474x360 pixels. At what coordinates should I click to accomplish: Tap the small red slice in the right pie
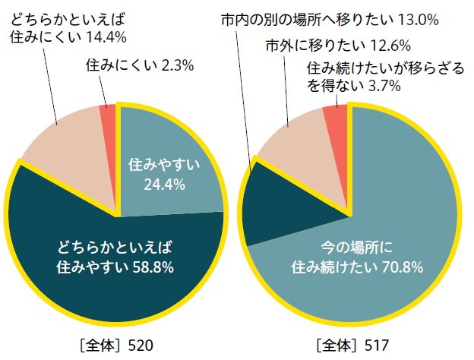335,116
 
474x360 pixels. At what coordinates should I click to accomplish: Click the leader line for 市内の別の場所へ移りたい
245,91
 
